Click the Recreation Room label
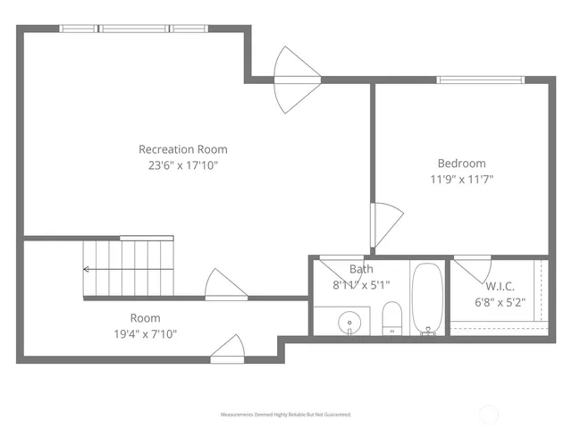point(182,149)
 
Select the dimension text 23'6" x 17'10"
point(182,165)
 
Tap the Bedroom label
point(461,164)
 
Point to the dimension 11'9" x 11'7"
point(461,179)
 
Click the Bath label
point(361,269)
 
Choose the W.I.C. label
point(500,286)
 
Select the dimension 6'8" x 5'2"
point(500,302)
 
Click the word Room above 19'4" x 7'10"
point(145,318)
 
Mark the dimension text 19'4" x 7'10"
point(145,334)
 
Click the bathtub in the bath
point(426,298)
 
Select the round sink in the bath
point(349,321)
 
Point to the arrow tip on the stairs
point(85,268)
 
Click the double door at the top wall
point(295,80)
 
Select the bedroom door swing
point(386,224)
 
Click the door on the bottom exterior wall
point(227,349)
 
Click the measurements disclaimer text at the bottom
point(286,415)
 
